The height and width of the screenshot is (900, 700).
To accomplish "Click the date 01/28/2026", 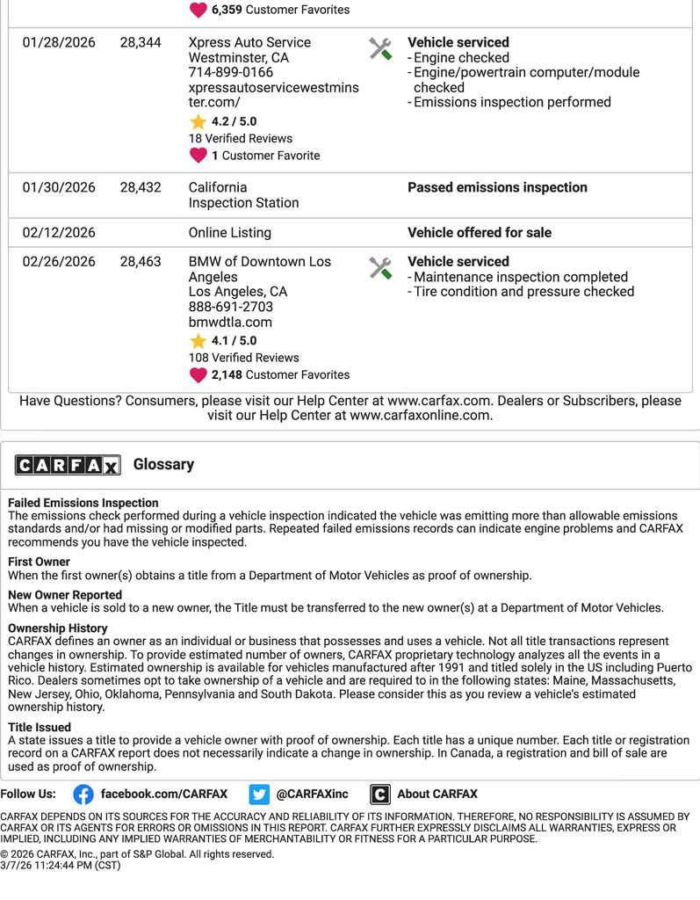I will coord(59,42).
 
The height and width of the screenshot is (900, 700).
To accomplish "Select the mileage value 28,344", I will coord(141,42).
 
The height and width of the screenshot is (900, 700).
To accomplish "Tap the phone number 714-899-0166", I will coord(230,72).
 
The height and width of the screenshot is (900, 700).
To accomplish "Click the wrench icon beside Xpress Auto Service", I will coord(380,48).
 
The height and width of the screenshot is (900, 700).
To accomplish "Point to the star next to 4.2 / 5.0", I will coord(198,122).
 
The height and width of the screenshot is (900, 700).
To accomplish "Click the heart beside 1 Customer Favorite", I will coord(198,156).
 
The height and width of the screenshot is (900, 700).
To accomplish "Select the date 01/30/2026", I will coord(59,187).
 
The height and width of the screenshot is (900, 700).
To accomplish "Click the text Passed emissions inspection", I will coord(497,187).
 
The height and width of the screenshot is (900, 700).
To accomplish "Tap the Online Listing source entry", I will coord(229,233).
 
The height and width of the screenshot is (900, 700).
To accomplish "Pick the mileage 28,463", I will coord(141,262).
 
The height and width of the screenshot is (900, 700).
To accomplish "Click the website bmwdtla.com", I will coord(230,322).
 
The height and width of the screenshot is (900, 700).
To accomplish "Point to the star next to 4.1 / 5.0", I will coord(198,341).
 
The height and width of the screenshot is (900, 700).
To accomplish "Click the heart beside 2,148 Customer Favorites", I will coord(198,375).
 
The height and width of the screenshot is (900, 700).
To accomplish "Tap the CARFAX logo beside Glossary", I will coord(67,465).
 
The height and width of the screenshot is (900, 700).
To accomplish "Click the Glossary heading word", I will coord(163,464).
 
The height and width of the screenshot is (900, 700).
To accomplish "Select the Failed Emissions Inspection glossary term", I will coord(83,504).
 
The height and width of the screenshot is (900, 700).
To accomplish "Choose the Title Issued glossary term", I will coord(40,728).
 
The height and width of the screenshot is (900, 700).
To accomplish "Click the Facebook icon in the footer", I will coord(83,795).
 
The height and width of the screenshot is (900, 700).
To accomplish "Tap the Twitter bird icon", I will coord(259,795).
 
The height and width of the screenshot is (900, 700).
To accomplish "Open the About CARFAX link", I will coord(437,795).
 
